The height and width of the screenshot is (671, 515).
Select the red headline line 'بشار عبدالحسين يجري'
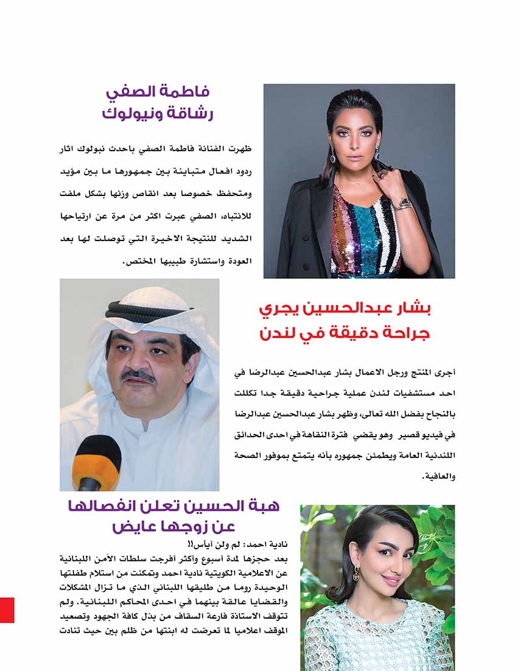point(345,309)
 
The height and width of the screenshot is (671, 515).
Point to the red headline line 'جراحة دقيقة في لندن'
point(345,333)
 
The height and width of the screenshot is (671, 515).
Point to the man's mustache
point(138,376)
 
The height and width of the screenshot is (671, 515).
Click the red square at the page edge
point(7,610)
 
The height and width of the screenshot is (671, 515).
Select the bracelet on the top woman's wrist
point(403,204)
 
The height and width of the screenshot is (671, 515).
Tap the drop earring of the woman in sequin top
point(333,156)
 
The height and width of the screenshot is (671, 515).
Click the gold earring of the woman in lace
point(356,574)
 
